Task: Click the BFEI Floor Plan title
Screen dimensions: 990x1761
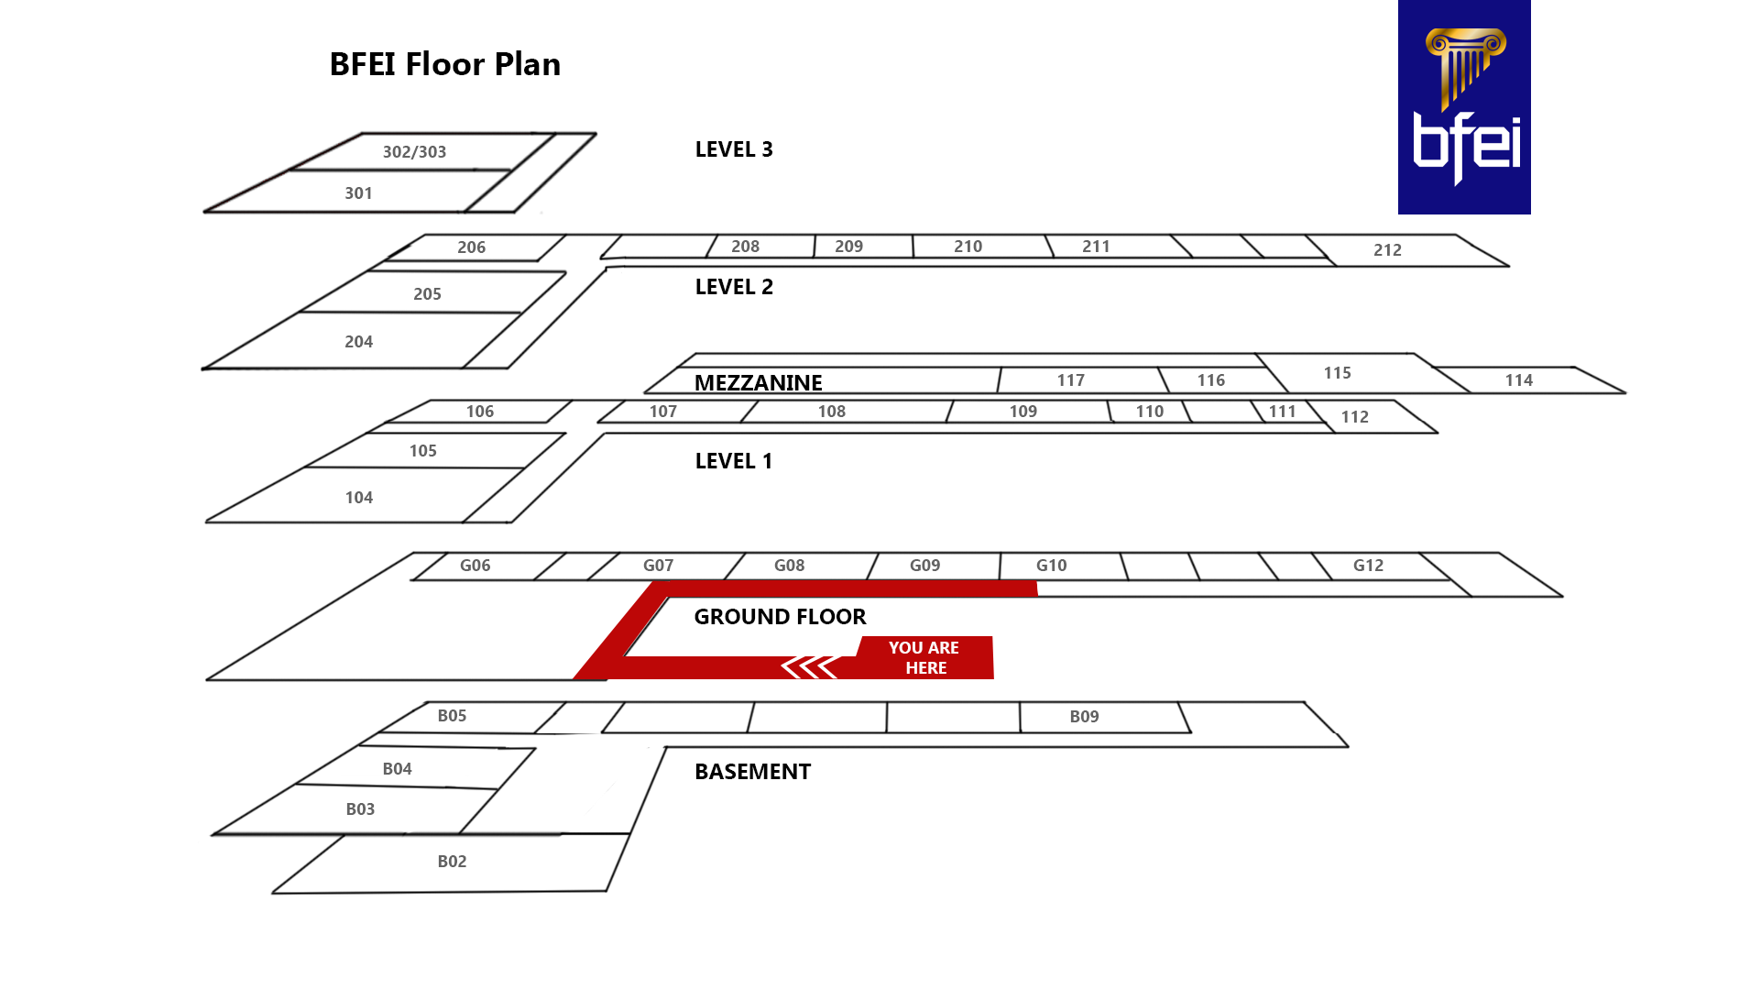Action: tap(444, 64)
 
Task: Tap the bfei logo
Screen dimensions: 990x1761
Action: tap(1463, 107)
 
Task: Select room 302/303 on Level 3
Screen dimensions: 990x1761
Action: tap(414, 152)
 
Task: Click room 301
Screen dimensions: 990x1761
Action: tap(358, 193)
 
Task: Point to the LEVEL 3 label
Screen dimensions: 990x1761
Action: tap(733, 149)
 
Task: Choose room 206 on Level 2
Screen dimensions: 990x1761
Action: tap(471, 247)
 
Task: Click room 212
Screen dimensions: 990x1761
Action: tap(1386, 250)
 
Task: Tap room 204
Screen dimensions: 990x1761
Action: tap(358, 342)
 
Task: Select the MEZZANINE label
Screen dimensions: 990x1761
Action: tap(758, 382)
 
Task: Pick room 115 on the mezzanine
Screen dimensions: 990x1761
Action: tap(1337, 373)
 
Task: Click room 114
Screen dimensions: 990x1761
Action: tap(1518, 380)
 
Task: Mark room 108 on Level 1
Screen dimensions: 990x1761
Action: tap(831, 412)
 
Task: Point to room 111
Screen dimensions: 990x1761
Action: tap(1282, 412)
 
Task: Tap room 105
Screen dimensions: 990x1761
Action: tap(422, 451)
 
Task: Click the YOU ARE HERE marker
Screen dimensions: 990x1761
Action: tap(924, 657)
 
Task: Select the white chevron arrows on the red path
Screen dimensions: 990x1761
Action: tap(809, 666)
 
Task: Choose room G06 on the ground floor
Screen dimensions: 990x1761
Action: tap(475, 566)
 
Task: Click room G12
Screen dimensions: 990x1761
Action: tap(1368, 566)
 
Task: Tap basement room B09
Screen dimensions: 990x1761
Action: tap(1084, 717)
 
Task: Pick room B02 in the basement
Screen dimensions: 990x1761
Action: tap(452, 862)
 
